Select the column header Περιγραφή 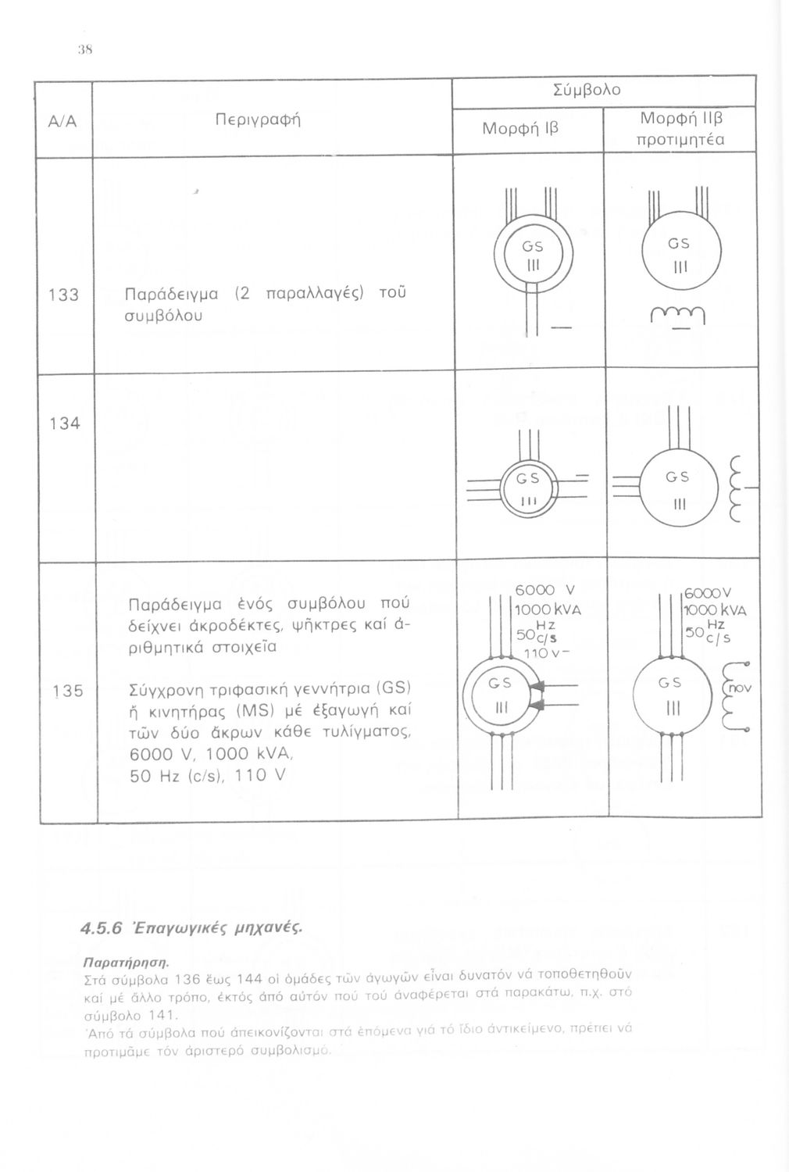click(258, 121)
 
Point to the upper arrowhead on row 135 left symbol click(537, 686)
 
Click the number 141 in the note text click(160, 1017)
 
